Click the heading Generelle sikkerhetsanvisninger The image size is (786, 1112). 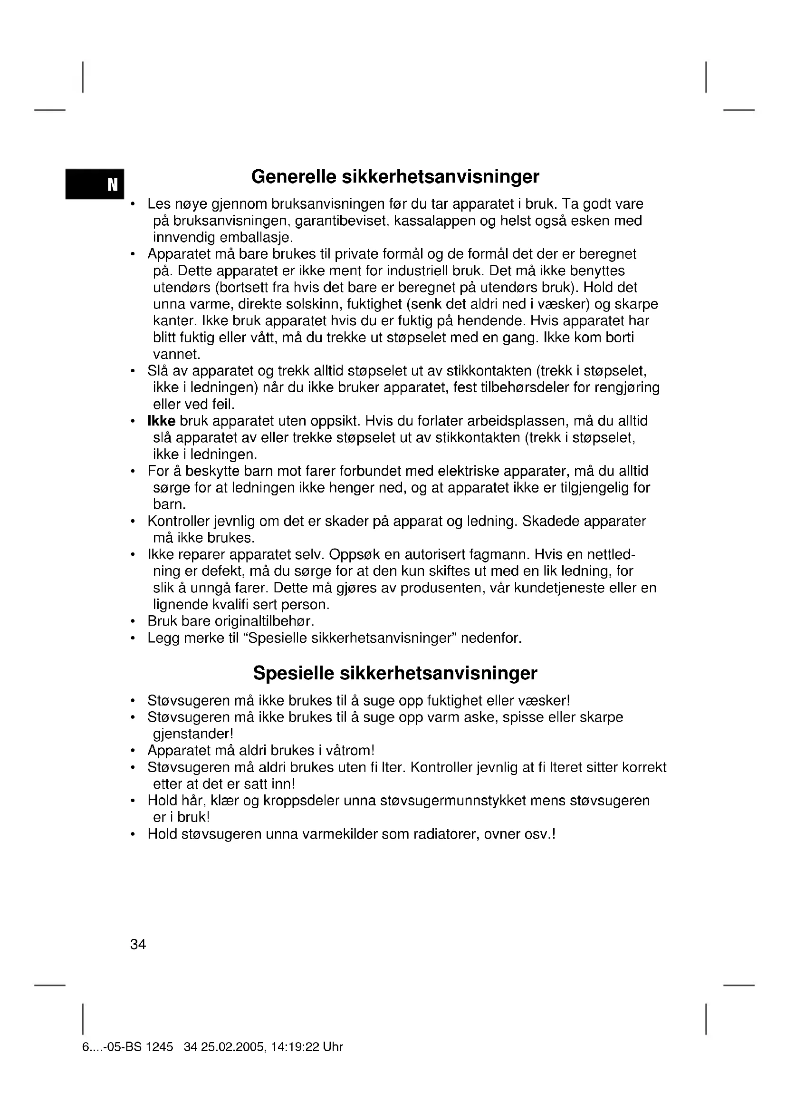[x=395, y=177]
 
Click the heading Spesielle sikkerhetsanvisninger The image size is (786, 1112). [x=395, y=673]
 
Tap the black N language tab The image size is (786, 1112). [x=96, y=184]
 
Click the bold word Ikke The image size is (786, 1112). [x=161, y=421]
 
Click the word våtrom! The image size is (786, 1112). [x=350, y=751]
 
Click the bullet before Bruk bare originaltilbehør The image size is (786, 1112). [x=132, y=621]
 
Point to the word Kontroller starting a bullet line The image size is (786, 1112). [x=177, y=522]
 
